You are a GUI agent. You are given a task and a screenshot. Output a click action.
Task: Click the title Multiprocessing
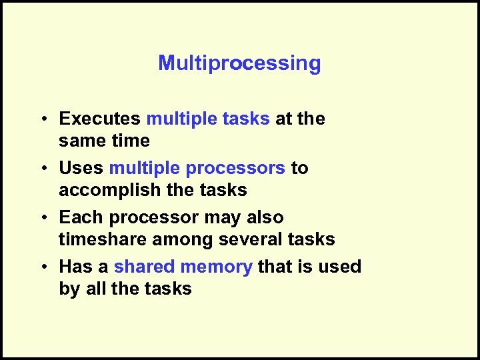coord(239,63)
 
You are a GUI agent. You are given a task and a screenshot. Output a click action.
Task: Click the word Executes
coord(99,119)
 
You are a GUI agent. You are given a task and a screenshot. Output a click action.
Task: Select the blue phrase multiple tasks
coord(208,119)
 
